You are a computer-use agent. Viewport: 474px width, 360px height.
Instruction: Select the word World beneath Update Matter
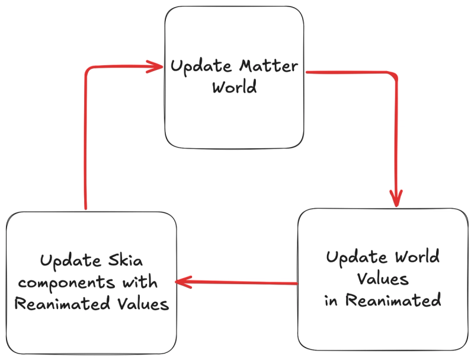235,87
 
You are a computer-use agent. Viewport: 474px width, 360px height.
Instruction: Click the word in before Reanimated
331,300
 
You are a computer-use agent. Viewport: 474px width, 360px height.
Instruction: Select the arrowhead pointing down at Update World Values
395,197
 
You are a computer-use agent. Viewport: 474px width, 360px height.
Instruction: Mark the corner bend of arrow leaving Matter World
393,76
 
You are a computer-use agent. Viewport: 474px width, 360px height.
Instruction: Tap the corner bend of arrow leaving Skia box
88,71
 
